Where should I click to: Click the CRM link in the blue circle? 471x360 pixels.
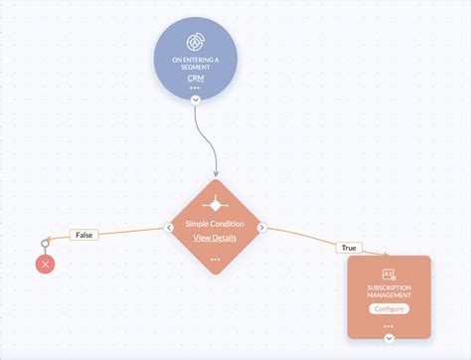(195, 77)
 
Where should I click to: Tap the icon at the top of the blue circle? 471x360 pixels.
(195, 43)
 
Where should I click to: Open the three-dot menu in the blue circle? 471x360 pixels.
(195, 88)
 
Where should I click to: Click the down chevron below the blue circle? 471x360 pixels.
(196, 99)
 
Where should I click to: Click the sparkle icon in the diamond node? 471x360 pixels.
(216, 202)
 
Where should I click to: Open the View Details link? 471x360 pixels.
(216, 239)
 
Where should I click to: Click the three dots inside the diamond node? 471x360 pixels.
(216, 259)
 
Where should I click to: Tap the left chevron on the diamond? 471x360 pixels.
(169, 228)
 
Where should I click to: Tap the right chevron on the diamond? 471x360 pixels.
(262, 228)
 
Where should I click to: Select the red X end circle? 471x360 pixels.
(45, 264)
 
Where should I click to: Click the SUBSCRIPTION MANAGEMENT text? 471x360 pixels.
(389, 292)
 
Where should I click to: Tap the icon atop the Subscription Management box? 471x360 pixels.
(389, 273)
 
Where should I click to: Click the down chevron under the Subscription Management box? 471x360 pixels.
(389, 338)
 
